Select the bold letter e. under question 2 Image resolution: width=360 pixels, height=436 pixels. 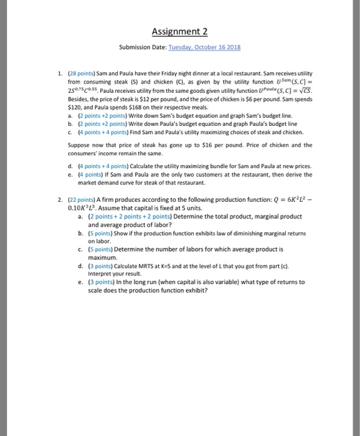tap(82, 282)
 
